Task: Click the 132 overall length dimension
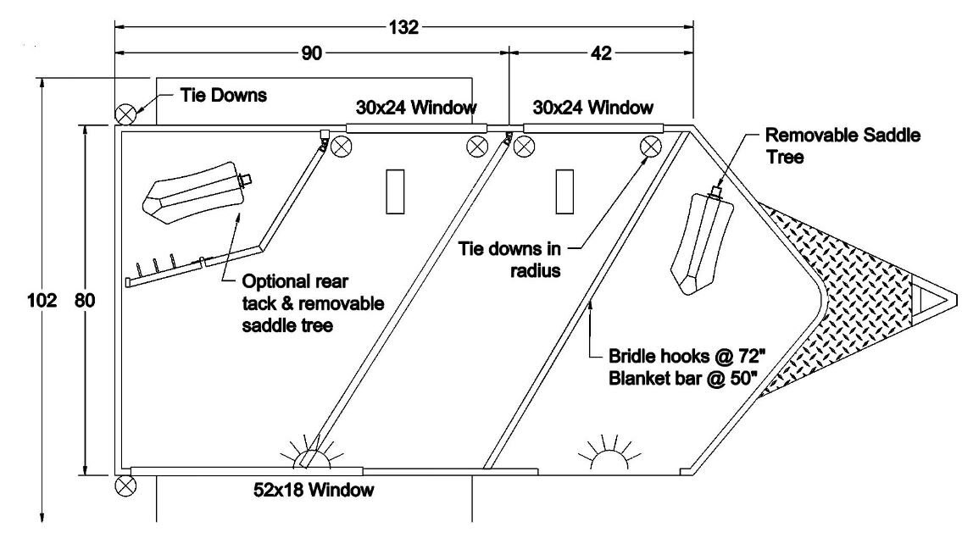405,27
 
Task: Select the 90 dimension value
312,53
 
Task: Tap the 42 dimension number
602,53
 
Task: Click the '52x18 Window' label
314,489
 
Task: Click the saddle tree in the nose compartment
702,241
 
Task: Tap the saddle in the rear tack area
196,190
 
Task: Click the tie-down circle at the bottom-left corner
125,485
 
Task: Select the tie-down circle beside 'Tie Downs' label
125,113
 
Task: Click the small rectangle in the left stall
395,191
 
